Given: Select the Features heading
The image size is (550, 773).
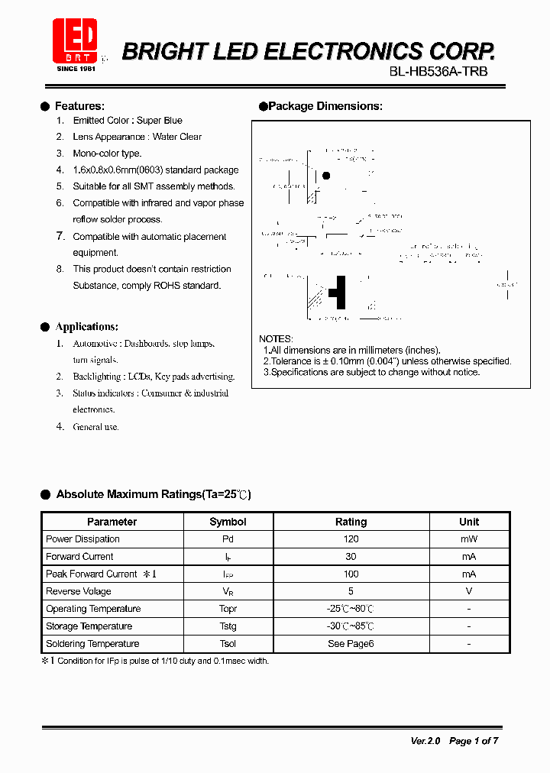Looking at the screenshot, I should pyautogui.click(x=79, y=106).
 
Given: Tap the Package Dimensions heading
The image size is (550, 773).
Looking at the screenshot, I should pyautogui.click(x=325, y=106).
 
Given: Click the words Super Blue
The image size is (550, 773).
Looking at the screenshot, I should pyautogui.click(x=160, y=121).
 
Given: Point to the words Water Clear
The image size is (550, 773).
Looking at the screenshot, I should pyautogui.click(x=177, y=137).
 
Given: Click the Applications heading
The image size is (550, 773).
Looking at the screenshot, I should pyautogui.click(x=86, y=327).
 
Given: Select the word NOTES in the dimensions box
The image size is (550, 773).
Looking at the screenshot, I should pyautogui.click(x=276, y=338).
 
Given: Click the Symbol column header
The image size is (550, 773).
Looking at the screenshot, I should pyautogui.click(x=228, y=522).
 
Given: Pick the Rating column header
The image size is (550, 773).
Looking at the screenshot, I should pyautogui.click(x=351, y=522).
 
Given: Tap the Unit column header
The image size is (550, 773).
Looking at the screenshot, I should pyautogui.click(x=469, y=522).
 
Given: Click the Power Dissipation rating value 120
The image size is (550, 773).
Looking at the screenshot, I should pyautogui.click(x=351, y=539).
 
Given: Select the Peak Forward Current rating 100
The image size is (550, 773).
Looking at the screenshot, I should pyautogui.click(x=351, y=574).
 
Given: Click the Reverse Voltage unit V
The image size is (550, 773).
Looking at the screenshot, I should pyautogui.click(x=469, y=591).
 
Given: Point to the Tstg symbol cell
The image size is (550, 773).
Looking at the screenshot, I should pyautogui.click(x=228, y=626).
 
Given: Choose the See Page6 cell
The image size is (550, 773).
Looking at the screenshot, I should pyautogui.click(x=351, y=644).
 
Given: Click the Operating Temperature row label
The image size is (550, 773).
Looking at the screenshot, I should pyautogui.click(x=93, y=609).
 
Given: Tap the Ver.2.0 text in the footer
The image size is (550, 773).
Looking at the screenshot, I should pyautogui.click(x=425, y=741).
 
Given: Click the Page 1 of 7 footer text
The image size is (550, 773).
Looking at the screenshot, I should pyautogui.click(x=474, y=741).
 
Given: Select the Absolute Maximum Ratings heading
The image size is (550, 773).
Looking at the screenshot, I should pyautogui.click(x=153, y=495).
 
